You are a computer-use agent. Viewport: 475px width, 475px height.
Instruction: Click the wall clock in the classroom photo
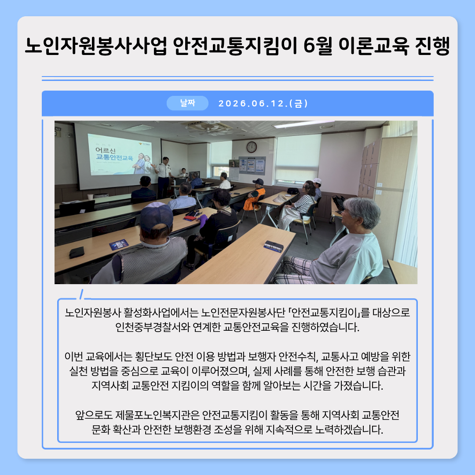pyautogui.click(x=252, y=147)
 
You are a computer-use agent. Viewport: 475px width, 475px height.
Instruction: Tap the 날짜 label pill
pyautogui.click(x=187, y=103)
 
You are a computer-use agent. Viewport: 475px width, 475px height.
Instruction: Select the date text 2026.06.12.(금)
pyautogui.click(x=263, y=103)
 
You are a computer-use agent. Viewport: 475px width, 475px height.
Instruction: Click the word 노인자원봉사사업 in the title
pyautogui.click(x=96, y=46)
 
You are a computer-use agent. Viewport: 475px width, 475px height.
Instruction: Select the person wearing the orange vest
pyautogui.click(x=253, y=195)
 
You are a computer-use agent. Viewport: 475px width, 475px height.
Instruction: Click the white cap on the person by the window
pyautogui.click(x=317, y=181)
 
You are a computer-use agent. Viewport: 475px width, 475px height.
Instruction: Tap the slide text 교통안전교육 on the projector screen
pyautogui.click(x=114, y=157)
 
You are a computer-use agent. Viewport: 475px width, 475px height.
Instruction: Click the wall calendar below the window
pyautogui.click(x=234, y=174)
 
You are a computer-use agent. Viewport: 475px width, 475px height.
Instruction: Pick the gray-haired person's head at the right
pyautogui.click(x=362, y=213)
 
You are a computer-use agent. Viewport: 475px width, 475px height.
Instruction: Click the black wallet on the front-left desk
pyautogui.click(x=77, y=252)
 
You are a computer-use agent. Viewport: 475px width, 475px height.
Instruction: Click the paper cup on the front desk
pyautogui.click(x=90, y=197)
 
